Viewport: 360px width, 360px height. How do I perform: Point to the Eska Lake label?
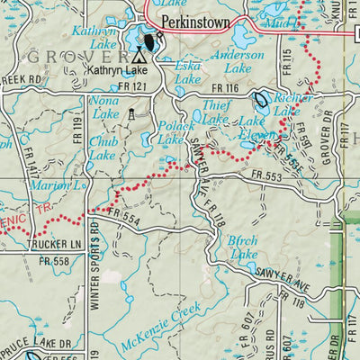coord(187,72)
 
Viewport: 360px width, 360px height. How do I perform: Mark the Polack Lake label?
coord(176,132)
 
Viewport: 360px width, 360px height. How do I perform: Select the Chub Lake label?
coord(103,147)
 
